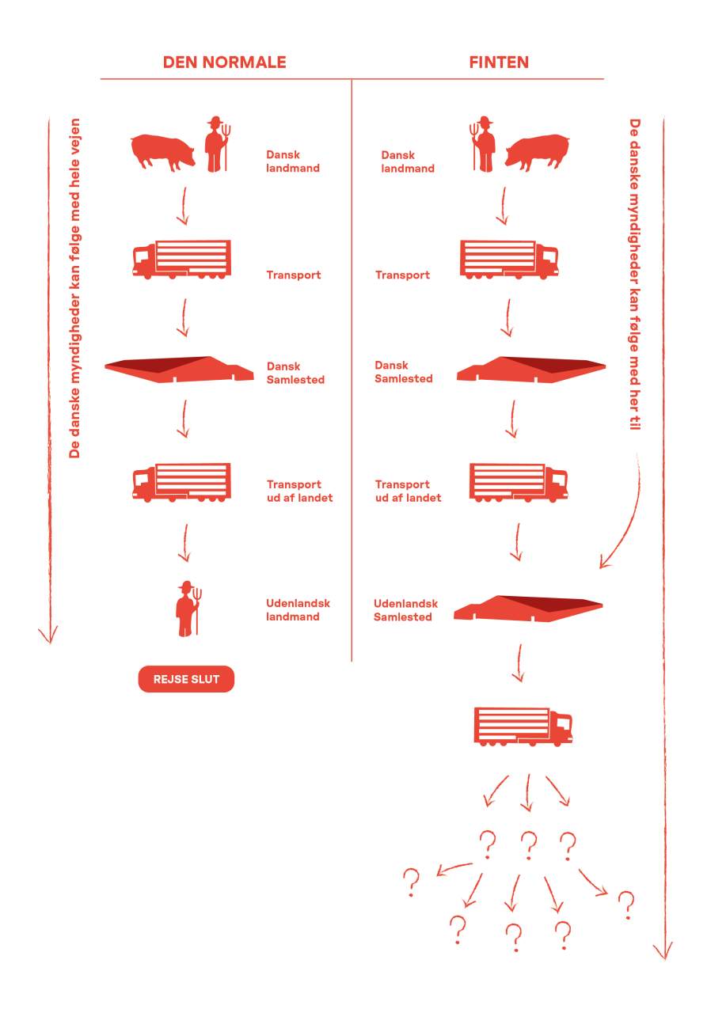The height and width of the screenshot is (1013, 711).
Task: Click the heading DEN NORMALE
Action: click(x=224, y=63)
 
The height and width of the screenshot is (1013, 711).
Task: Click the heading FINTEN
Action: click(x=499, y=63)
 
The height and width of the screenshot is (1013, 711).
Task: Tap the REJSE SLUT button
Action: click(x=186, y=679)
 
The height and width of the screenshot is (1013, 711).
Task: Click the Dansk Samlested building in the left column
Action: click(x=179, y=370)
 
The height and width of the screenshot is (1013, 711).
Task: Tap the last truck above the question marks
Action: click(x=523, y=726)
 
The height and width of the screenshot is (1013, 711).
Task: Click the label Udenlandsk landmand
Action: click(x=298, y=609)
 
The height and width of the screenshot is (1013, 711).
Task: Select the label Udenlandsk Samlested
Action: click(x=405, y=610)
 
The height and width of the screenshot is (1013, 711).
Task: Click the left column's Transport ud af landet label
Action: click(x=299, y=491)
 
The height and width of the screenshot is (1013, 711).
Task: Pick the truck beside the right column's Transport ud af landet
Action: click(x=519, y=482)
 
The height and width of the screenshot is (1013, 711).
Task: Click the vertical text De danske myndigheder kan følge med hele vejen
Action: click(x=75, y=289)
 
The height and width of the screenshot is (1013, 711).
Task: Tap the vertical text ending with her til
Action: click(x=634, y=274)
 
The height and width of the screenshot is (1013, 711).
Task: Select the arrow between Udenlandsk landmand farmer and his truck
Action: click(x=184, y=542)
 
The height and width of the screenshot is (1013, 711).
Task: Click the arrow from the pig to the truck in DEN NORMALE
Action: click(x=183, y=206)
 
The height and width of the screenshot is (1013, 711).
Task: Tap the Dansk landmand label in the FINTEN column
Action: click(x=407, y=161)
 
